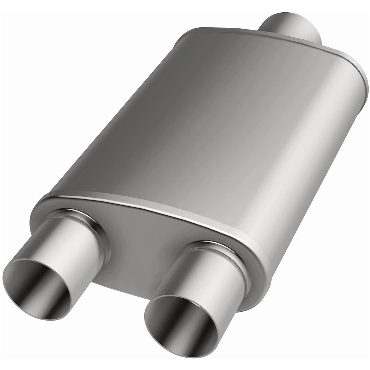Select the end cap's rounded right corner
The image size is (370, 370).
coord(260,274)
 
